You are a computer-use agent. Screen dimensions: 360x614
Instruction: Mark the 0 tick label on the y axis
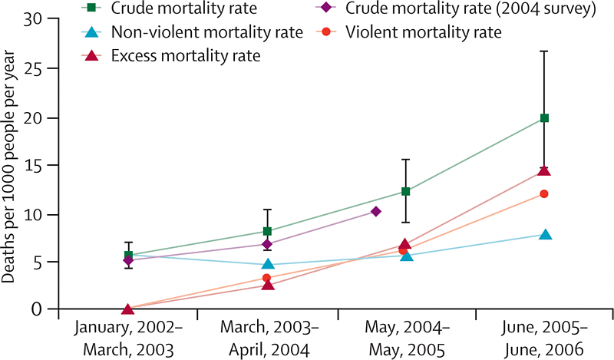pos(34,309)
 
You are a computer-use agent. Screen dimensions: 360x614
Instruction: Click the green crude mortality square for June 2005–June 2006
pos(545,118)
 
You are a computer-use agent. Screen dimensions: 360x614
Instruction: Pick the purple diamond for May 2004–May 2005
pos(375,211)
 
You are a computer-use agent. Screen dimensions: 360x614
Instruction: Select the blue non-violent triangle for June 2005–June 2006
pos(545,234)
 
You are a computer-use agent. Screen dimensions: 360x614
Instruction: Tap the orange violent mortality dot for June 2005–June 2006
pos(544,193)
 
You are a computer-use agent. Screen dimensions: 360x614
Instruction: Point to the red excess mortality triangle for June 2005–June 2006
pos(545,170)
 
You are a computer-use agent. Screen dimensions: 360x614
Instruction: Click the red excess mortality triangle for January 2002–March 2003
pos(128,309)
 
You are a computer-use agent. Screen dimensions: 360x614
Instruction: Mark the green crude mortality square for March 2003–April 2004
pos(267,231)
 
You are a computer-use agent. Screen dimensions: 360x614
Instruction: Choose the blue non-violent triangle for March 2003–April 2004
pos(267,264)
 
